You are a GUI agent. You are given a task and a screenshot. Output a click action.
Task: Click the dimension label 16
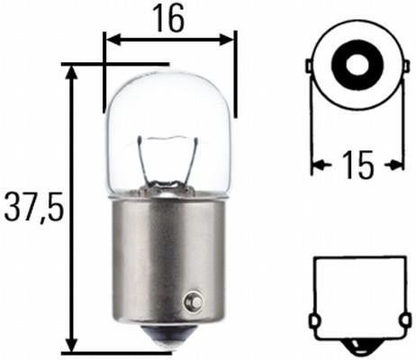coord(168,17)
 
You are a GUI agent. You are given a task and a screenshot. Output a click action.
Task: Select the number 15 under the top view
coord(357,165)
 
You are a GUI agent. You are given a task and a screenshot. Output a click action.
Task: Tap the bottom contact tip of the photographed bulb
coord(170,340)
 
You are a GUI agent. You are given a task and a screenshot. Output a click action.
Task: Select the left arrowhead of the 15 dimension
coord(317,165)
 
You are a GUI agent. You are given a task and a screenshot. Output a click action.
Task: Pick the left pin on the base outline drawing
coord(312,320)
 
